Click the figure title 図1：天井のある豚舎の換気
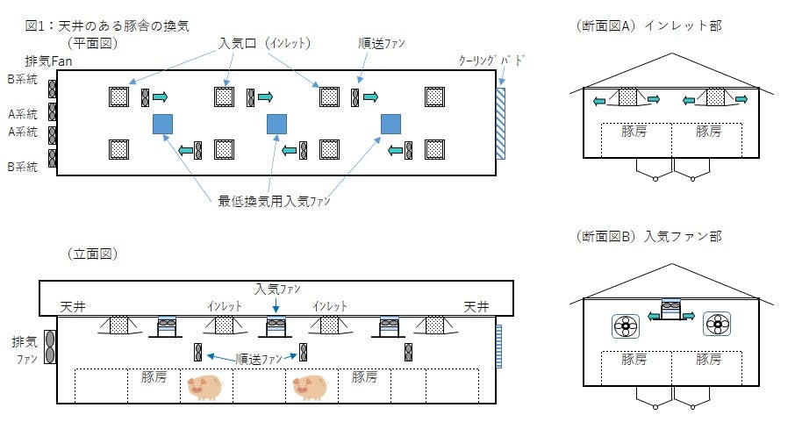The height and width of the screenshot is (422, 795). tap(107, 25)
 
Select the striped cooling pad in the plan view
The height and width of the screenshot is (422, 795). tap(500, 123)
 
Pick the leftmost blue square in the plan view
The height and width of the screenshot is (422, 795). tap(163, 124)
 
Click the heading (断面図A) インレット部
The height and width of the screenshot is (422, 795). tap(646, 25)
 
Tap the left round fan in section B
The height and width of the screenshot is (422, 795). tap(626, 326)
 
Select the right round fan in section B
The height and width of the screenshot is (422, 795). tap(717, 326)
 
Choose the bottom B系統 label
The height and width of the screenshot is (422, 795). tap(23, 166)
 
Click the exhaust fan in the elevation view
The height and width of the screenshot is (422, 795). tap(50, 347)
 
